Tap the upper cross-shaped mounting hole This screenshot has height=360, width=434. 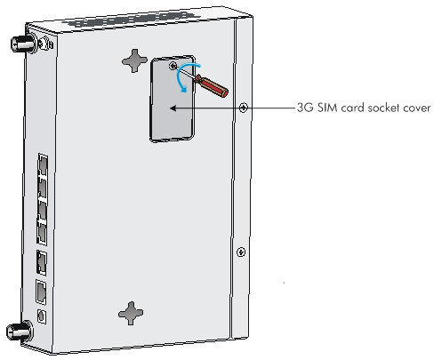(x=135, y=60)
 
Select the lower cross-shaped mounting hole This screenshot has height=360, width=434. (x=131, y=313)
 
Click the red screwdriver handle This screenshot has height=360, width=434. (x=212, y=85)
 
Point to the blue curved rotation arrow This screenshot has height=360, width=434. (x=185, y=76)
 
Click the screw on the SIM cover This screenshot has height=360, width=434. (x=173, y=66)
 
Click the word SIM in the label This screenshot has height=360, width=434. (x=327, y=108)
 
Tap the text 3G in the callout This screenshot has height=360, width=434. (x=305, y=108)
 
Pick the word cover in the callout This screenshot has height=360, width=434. (x=418, y=108)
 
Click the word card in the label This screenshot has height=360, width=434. (x=353, y=108)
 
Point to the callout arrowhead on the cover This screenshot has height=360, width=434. (x=173, y=108)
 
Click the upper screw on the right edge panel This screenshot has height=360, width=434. (x=243, y=108)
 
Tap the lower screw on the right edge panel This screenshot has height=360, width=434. (x=241, y=252)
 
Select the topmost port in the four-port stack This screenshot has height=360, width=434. (x=43, y=164)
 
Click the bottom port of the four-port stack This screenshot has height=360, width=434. (x=42, y=233)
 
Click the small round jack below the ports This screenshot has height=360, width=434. (x=42, y=316)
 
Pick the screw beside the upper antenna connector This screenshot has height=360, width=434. (x=46, y=43)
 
